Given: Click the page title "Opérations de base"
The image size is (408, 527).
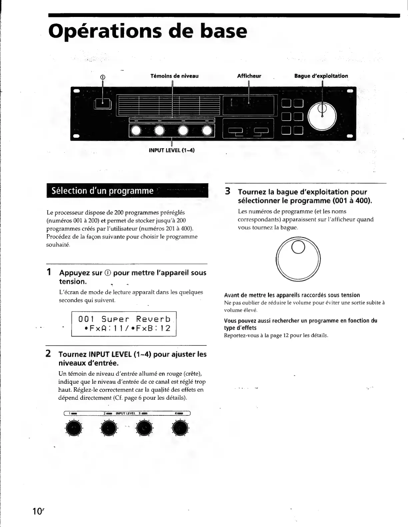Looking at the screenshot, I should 148,31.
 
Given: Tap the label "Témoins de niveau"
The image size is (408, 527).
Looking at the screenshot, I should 174,76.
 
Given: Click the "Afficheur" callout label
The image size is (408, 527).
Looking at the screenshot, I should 249,76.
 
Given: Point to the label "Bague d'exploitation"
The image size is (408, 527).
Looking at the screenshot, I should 321,76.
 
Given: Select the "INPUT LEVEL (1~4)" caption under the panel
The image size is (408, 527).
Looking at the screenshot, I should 172,150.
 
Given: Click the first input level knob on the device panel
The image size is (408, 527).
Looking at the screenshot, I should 137,131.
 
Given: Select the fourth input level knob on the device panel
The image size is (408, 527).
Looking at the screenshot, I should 207,131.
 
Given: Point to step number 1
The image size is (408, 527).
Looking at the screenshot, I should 49,272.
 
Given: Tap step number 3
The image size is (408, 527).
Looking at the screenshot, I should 228,192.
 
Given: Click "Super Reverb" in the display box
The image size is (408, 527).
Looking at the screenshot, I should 136,319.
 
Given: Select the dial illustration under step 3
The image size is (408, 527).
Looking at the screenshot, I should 298,259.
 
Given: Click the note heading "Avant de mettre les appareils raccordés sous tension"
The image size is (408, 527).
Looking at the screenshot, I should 292,295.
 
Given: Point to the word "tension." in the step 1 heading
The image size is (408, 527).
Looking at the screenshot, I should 73,281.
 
